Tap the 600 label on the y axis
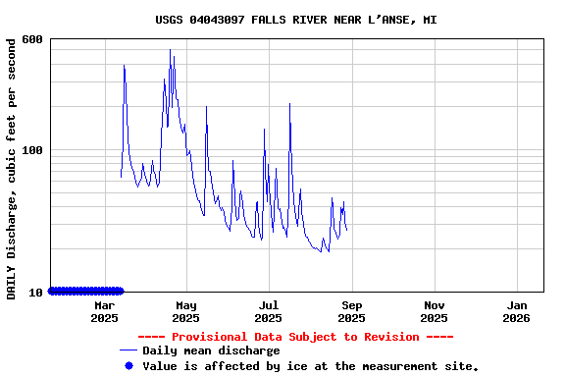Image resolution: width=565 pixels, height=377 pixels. [32, 39]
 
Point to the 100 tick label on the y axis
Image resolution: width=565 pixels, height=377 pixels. [32, 150]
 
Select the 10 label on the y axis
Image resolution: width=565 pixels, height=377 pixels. [36, 293]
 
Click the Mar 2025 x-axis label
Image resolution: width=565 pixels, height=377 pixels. [104, 311]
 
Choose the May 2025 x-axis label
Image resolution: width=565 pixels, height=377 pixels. [185, 311]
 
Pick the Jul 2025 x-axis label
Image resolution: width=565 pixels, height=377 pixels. [268, 311]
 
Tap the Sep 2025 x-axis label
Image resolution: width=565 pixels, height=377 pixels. [351, 311]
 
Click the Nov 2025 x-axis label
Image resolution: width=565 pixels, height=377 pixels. [434, 311]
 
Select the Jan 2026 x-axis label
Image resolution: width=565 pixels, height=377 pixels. [516, 311]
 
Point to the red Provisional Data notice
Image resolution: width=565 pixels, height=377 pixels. [295, 337]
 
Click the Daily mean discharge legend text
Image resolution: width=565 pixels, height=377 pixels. [211, 350]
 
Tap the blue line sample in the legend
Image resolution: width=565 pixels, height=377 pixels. [128, 350]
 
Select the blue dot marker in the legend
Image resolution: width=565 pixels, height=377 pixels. [128, 365]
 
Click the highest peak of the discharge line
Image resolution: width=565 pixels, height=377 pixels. [170, 50]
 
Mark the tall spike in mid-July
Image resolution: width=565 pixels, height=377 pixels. [289, 104]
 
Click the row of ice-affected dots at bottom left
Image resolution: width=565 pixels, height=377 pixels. [86, 291]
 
